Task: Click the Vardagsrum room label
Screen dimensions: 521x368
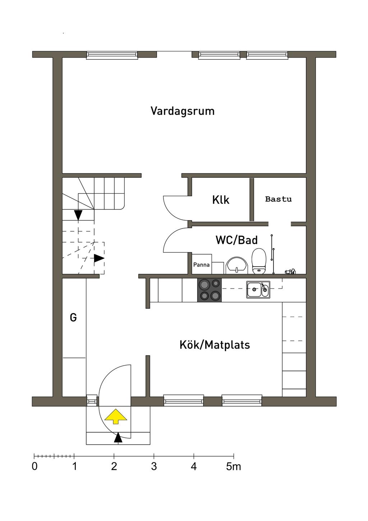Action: [x=183, y=111]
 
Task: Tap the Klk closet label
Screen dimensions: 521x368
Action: [x=221, y=200]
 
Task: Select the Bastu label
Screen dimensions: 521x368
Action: [x=279, y=199]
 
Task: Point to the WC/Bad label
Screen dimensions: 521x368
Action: [x=236, y=240]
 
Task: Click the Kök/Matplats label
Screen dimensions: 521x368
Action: [x=215, y=345]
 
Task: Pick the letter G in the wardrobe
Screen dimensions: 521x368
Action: [x=73, y=318]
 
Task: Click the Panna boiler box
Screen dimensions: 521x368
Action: [x=202, y=265]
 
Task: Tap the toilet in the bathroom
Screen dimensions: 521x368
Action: [x=259, y=261]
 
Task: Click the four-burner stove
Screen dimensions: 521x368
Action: [x=210, y=290]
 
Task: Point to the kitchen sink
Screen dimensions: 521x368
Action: [x=258, y=289]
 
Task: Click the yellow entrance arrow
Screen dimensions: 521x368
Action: [x=116, y=416]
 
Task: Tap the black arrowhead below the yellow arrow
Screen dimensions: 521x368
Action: [x=118, y=438]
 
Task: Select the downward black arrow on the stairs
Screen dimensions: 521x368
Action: [x=78, y=215]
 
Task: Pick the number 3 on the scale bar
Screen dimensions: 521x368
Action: [x=154, y=467]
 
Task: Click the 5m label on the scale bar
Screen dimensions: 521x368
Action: [x=234, y=467]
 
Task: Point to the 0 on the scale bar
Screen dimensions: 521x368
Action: [x=34, y=467]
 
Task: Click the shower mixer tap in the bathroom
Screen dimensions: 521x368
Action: [x=290, y=271]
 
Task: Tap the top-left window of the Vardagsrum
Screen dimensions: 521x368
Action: [x=112, y=55]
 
